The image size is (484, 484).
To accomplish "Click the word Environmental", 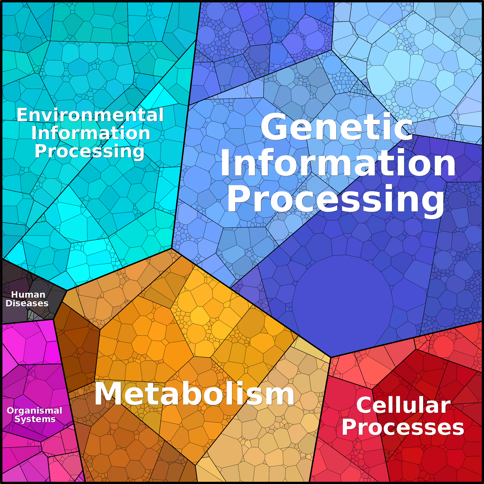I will click(90, 115).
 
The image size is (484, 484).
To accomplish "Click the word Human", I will click(28, 295).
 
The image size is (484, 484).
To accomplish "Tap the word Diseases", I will click(27, 303).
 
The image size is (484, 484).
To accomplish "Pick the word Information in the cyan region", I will click(91, 133).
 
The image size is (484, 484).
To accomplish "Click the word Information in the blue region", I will click(338, 163).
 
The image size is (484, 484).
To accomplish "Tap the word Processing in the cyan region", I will click(90, 152).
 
